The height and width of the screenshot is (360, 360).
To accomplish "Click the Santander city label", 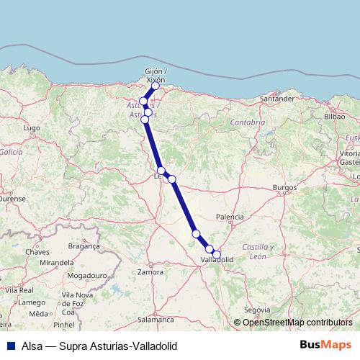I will pos(278,98).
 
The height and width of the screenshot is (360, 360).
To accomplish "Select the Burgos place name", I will pos(285,188).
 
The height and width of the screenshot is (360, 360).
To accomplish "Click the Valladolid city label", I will pos(216,260).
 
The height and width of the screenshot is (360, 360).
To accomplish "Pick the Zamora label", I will pos(150,273).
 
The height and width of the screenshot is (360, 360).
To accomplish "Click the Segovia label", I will pos(256,310).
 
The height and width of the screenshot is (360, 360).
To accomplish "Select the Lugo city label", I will pos(31,127).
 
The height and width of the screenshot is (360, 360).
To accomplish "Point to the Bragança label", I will pos(84,246).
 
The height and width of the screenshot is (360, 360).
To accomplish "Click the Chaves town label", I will pos(37,252).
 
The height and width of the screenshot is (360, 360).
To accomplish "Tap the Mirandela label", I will pos(57,264).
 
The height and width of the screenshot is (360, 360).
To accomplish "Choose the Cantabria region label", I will pos(248,122).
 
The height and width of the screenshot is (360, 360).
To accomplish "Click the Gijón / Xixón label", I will pos(156,75).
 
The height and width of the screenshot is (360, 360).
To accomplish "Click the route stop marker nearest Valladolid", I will pos(217,253).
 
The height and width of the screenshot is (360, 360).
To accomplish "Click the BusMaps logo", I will pos(326,346).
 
